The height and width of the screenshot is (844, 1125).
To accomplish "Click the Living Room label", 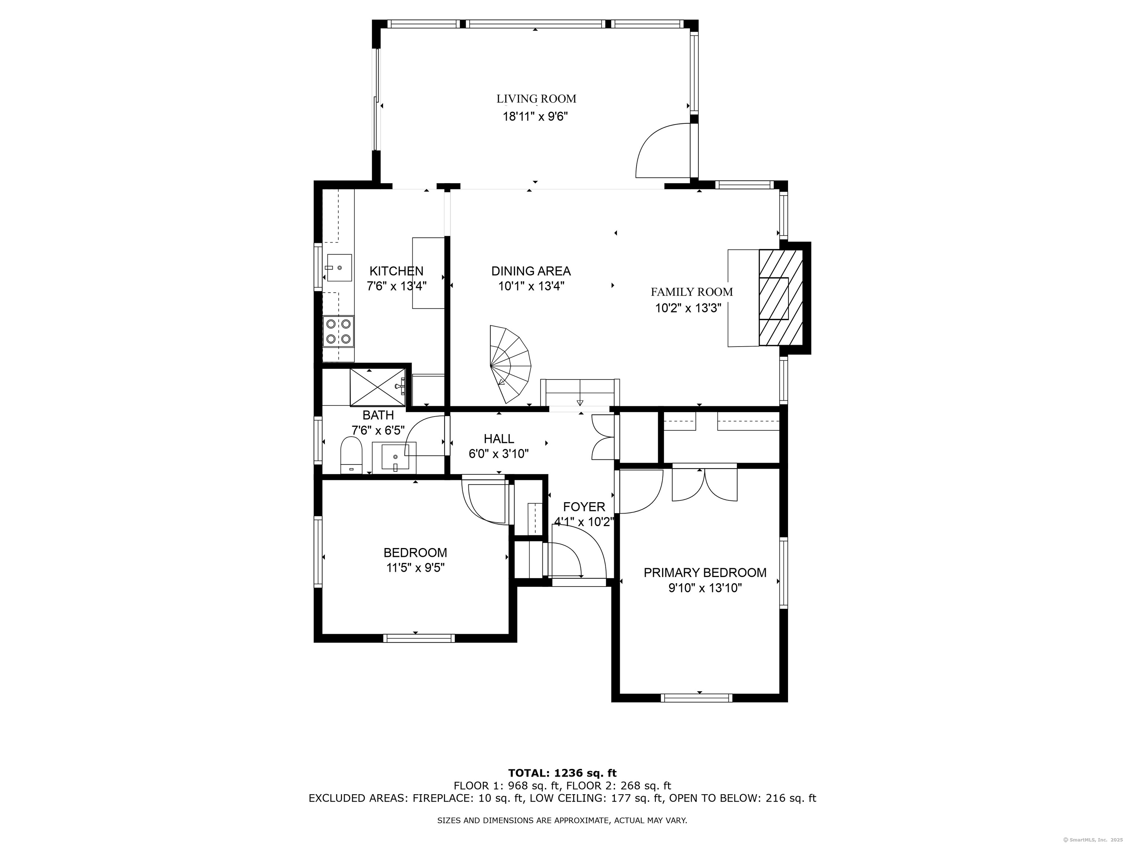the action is pos(536,99).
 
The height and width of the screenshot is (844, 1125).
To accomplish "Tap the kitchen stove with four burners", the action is pos(339,331).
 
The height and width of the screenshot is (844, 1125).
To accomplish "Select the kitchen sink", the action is pos(339,268).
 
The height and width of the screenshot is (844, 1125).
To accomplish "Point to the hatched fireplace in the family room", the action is pos(781,297).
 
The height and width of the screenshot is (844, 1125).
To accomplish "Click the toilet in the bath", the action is pos(351,455).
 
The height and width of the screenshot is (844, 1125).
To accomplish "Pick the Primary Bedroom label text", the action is pos(705,573).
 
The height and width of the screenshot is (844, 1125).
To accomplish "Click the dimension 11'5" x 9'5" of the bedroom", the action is pos(416,568).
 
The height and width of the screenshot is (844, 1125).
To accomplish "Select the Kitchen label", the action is pos(396,271).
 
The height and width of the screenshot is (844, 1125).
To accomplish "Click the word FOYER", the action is pos(584,507).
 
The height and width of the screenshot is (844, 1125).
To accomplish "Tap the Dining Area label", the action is pos(531,271).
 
